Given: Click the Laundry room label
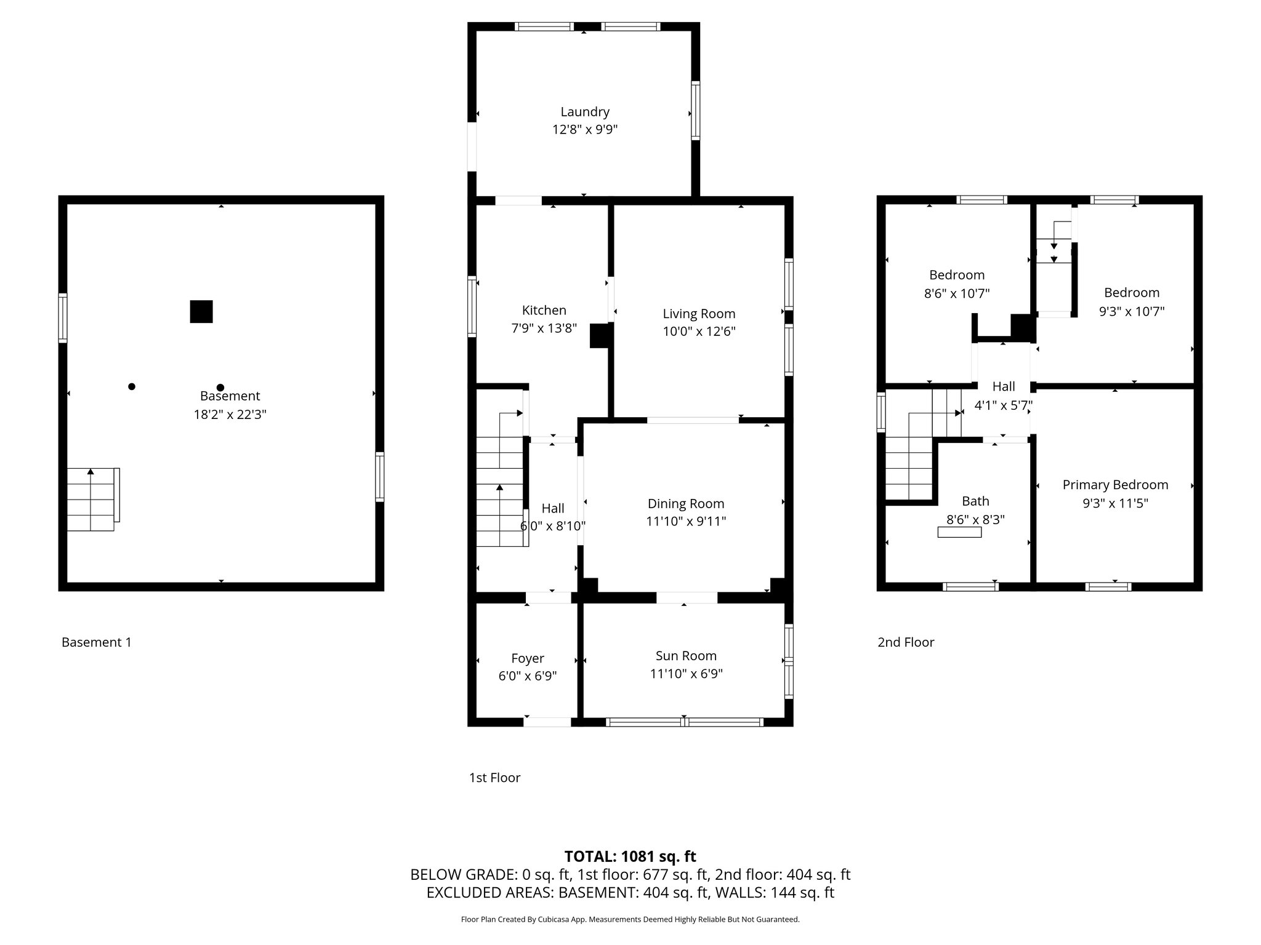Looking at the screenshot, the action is (x=585, y=112).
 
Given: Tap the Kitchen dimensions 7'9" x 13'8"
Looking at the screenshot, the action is (x=544, y=329).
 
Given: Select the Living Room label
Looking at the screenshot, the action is (x=699, y=314).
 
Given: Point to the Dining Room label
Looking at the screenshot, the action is (x=686, y=504).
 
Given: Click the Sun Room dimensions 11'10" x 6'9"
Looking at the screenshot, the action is (x=687, y=674).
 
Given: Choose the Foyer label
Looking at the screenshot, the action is (x=528, y=658).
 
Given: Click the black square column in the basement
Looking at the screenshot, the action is (x=201, y=311).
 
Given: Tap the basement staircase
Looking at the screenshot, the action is (x=93, y=499).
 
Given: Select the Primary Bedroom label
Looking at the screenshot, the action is (x=1115, y=485).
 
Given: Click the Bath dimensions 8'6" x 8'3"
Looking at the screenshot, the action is (x=975, y=519).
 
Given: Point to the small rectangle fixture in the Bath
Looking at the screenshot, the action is (x=959, y=532).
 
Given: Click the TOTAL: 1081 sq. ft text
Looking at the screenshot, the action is (x=630, y=856).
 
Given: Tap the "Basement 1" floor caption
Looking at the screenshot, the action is (x=97, y=642).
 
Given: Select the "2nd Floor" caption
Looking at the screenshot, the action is (x=906, y=642).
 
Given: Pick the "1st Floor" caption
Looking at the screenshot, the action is (x=495, y=778).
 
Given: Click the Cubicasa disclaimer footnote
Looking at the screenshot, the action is (x=630, y=920).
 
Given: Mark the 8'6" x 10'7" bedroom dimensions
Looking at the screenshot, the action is (x=957, y=293).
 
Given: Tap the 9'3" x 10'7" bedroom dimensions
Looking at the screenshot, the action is (x=1132, y=311).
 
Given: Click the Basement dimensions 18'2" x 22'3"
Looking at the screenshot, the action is (x=230, y=415).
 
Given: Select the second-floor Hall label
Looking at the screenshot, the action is (x=1004, y=386).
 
